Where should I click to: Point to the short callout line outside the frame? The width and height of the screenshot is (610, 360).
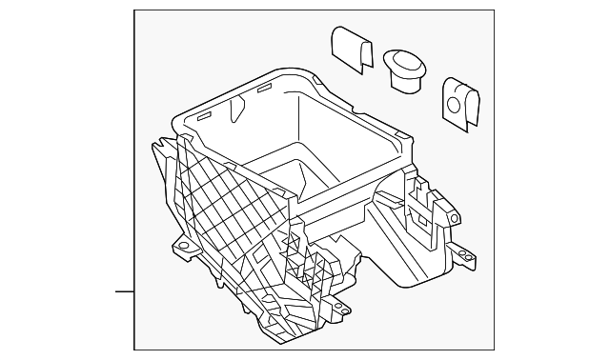pos(125,290)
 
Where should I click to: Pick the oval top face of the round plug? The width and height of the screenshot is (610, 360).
pos(407,62)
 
